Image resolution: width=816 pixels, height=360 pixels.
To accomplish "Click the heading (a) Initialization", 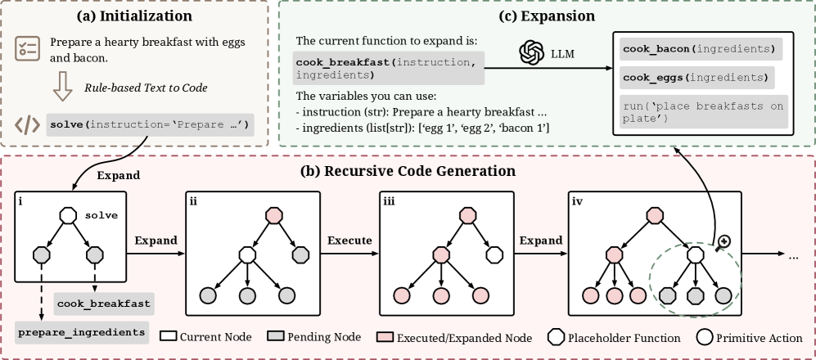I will pyautogui.click(x=135, y=16).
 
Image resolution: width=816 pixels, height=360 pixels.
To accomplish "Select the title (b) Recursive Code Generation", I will pyautogui.click(x=408, y=171).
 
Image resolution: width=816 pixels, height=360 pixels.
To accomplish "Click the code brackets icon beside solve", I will pyautogui.click(x=28, y=125).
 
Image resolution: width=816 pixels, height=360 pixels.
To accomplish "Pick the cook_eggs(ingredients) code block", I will pyautogui.click(x=697, y=78).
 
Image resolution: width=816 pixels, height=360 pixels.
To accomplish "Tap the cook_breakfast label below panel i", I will pyautogui.click(x=104, y=304).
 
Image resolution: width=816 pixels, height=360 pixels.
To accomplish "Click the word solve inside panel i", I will pyautogui.click(x=101, y=214).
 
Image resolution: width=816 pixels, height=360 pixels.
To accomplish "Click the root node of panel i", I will pyautogui.click(x=69, y=216).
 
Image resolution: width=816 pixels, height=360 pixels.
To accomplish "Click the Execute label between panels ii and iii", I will pyautogui.click(x=350, y=241).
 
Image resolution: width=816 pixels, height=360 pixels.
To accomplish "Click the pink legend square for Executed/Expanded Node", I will pyautogui.click(x=385, y=337).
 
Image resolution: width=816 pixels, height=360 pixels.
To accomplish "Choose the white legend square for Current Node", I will pyautogui.click(x=169, y=337).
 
